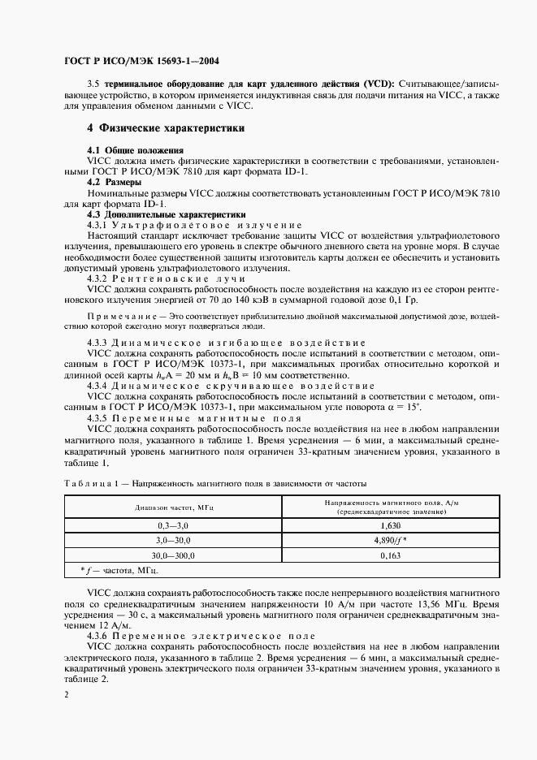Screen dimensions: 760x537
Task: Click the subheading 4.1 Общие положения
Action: point(136,151)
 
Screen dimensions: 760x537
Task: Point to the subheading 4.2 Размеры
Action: point(117,183)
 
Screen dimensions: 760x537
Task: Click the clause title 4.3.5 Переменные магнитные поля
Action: point(189,418)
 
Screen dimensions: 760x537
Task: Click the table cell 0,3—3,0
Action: point(173,526)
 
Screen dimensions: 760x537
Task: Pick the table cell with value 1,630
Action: point(392,526)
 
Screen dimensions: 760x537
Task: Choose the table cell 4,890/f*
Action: point(392,541)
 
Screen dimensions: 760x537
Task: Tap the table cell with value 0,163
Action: point(392,555)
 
